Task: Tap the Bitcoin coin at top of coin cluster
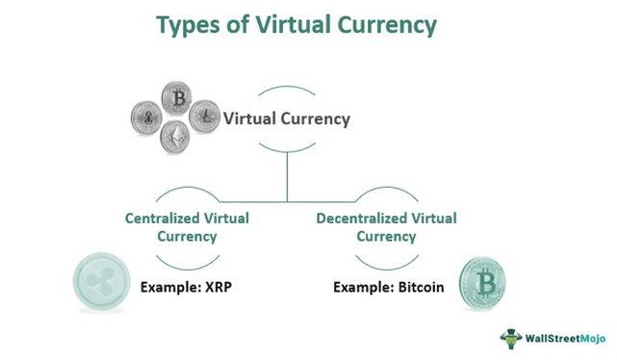pyautogui.click(x=176, y=98)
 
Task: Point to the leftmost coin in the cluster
pyautogui.click(x=147, y=117)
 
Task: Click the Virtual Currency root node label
pyautogui.click(x=287, y=119)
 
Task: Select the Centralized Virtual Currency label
pyautogui.click(x=187, y=226)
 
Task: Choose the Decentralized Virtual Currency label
pyautogui.click(x=386, y=226)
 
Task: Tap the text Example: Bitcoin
pyautogui.click(x=389, y=286)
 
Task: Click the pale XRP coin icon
pyautogui.click(x=102, y=282)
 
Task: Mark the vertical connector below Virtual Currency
pyautogui.click(x=287, y=175)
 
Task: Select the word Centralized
pyautogui.click(x=165, y=219)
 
